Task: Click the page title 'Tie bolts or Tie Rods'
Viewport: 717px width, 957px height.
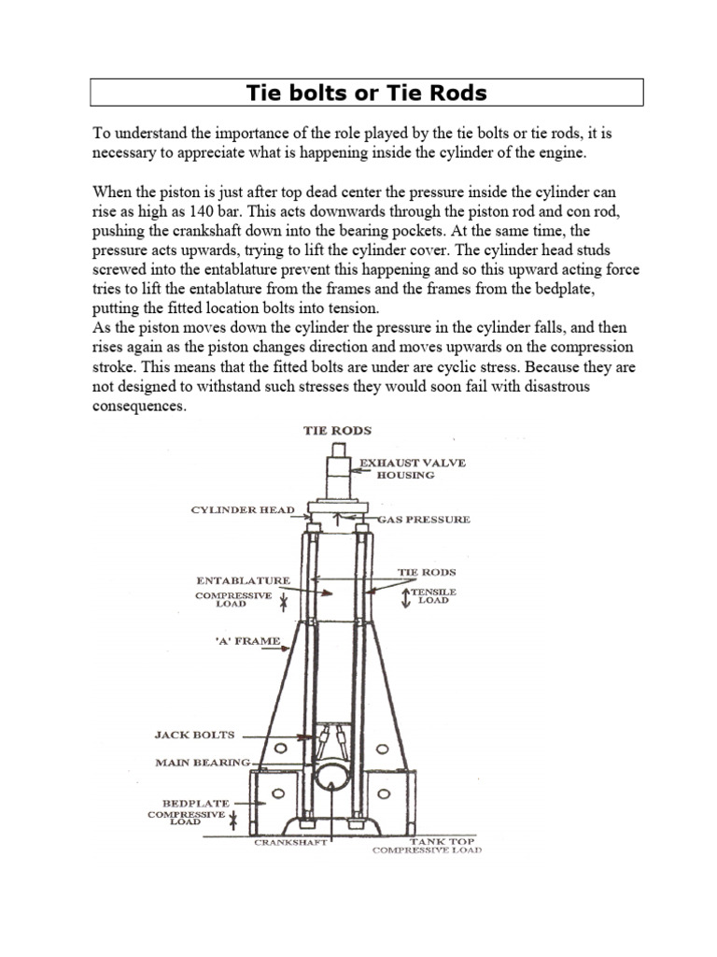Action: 366,93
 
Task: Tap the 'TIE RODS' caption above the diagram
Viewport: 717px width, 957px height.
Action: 337,430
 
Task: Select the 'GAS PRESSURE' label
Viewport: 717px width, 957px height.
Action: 424,519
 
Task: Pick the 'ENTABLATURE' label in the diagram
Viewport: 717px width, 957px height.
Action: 243,580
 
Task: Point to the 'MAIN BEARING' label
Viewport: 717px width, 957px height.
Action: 203,763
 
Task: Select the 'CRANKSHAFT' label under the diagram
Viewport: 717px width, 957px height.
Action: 289,842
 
